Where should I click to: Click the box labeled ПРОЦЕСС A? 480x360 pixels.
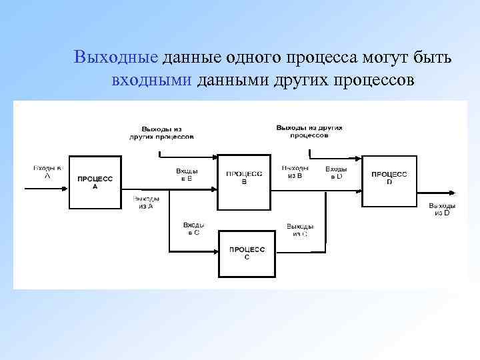(x=95, y=183)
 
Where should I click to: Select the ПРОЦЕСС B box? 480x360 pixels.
(x=243, y=178)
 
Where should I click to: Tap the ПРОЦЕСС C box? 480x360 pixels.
(x=247, y=253)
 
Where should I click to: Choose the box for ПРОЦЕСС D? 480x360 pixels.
(x=389, y=178)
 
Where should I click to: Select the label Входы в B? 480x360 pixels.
(x=187, y=175)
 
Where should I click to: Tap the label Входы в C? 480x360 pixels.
(x=193, y=229)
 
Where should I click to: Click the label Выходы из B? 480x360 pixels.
(x=295, y=172)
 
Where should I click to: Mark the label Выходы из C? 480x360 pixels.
(x=300, y=230)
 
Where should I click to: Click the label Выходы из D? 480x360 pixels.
(x=442, y=209)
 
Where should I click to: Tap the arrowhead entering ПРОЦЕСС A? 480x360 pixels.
(x=65, y=189)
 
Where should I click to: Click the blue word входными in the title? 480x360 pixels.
(x=152, y=81)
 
